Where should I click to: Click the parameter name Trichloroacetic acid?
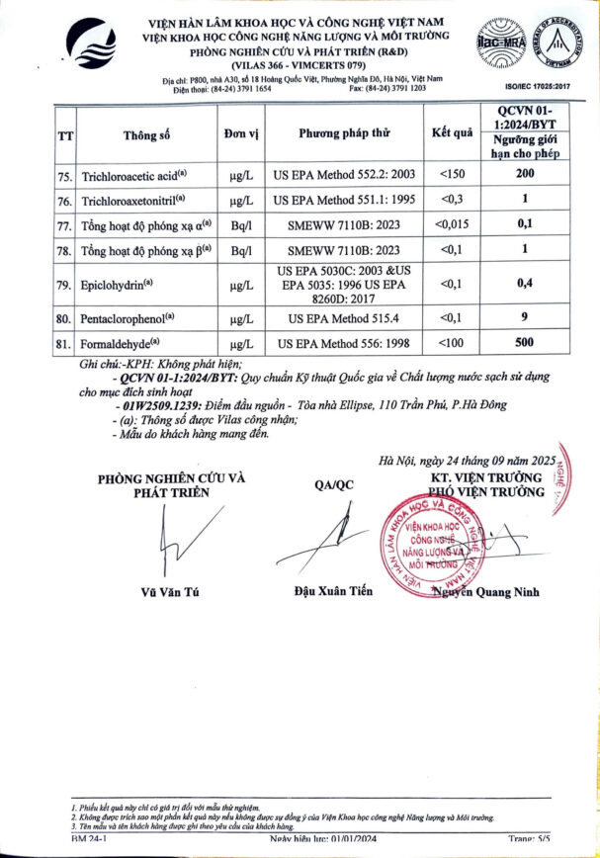pos(130,174)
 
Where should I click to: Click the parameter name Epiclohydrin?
pos(121,286)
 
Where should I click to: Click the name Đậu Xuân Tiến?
pos(333,591)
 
